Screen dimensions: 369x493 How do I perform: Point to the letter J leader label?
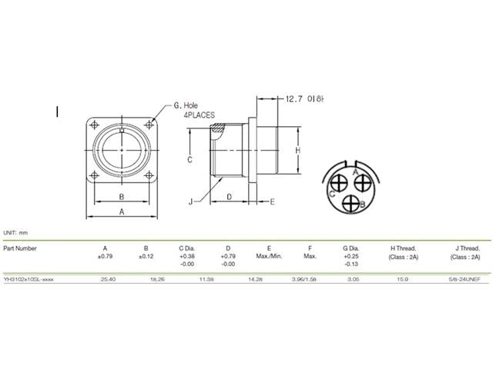[x=189, y=201]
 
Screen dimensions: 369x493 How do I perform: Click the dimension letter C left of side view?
[x=189, y=159]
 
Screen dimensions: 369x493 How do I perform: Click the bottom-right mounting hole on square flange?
[x=149, y=178]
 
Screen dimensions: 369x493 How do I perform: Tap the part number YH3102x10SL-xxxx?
[x=29, y=280]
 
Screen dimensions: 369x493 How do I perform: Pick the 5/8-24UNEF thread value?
[x=463, y=280]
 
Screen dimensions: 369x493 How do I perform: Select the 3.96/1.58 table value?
[x=310, y=280]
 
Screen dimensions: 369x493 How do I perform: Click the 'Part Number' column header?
[x=20, y=248]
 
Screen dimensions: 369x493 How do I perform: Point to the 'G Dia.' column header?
[x=351, y=248]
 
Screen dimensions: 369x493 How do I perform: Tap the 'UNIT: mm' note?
[x=15, y=231]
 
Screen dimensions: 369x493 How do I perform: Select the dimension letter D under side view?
[x=230, y=197]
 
